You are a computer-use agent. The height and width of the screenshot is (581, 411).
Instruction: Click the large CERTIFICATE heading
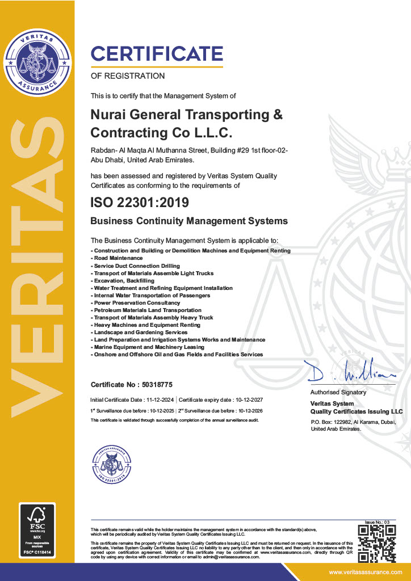coord(157,54)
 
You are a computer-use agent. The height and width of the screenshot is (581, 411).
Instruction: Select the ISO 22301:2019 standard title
coord(140,201)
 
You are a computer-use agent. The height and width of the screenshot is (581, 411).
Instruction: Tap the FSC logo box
coord(37,529)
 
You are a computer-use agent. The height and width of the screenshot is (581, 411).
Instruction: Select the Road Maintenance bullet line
coord(114,258)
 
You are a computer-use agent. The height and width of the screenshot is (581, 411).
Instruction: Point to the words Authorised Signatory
coord(338,392)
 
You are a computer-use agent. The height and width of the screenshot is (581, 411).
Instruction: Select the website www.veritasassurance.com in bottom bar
coord(366,571)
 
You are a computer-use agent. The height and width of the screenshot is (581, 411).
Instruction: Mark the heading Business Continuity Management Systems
coord(189,221)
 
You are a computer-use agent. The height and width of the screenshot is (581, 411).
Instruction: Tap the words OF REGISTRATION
coord(128,75)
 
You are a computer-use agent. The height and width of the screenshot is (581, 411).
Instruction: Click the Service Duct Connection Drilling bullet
coord(136,266)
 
